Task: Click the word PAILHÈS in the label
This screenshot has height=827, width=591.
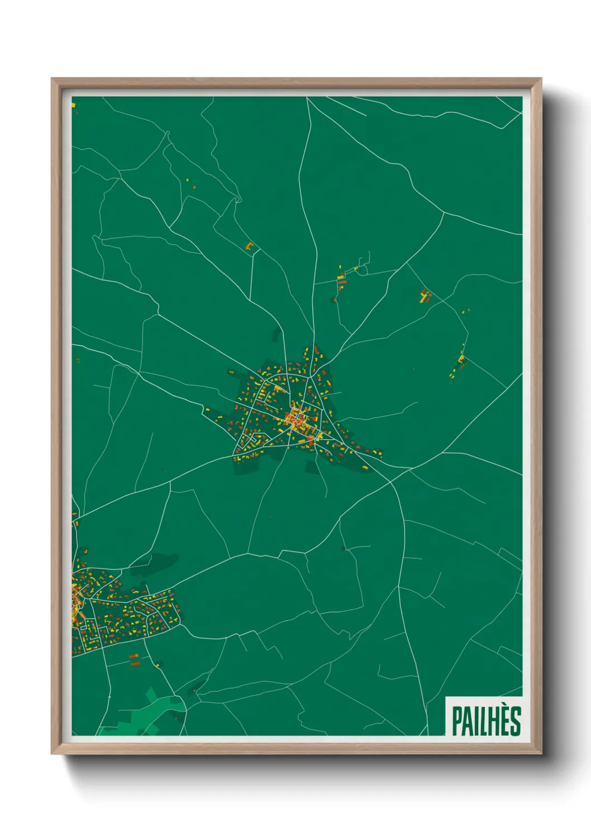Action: [486, 721]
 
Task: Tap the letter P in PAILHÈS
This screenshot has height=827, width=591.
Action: [456, 721]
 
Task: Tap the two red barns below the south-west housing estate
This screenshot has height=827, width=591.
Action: [134, 660]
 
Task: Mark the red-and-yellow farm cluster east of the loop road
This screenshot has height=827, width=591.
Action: [426, 296]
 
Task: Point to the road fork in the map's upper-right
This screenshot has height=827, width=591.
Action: [444, 212]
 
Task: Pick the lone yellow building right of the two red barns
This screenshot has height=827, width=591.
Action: [158, 665]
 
